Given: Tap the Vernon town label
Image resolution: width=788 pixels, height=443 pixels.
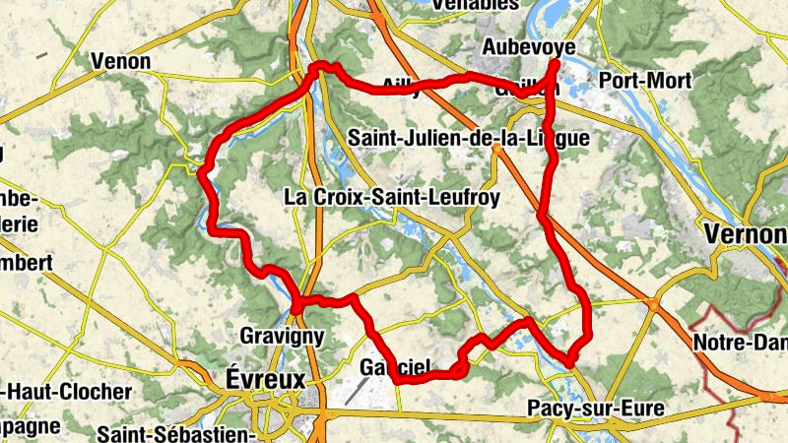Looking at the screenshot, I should [x=747, y=234].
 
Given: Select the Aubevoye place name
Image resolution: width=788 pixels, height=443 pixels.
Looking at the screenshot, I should [x=529, y=47].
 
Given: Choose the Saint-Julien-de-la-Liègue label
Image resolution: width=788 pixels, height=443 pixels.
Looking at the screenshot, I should [x=469, y=139].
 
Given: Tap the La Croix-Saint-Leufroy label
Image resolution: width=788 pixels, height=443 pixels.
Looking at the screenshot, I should [x=392, y=197].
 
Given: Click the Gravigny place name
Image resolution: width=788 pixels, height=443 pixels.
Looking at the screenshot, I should [x=282, y=336].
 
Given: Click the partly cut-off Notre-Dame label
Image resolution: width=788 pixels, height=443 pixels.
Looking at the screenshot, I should [x=739, y=344].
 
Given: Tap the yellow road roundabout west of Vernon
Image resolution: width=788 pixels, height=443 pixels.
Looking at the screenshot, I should [x=651, y=305].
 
